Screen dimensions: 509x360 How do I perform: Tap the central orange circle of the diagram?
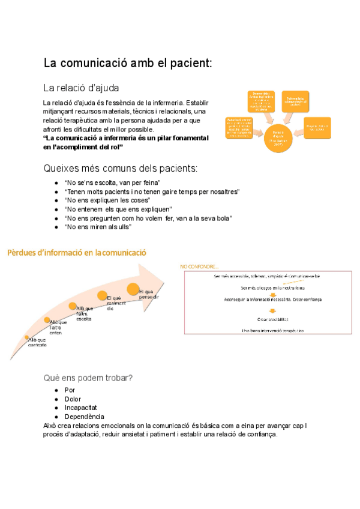point(277,137)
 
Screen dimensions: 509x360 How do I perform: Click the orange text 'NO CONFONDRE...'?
point(200,266)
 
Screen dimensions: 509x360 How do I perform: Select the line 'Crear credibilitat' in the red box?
point(272,319)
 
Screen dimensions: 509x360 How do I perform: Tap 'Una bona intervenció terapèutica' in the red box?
point(272,330)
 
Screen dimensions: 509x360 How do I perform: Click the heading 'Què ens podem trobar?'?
point(88,378)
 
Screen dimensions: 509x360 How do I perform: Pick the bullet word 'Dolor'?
point(73,399)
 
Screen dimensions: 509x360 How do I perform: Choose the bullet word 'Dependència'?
point(84,417)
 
